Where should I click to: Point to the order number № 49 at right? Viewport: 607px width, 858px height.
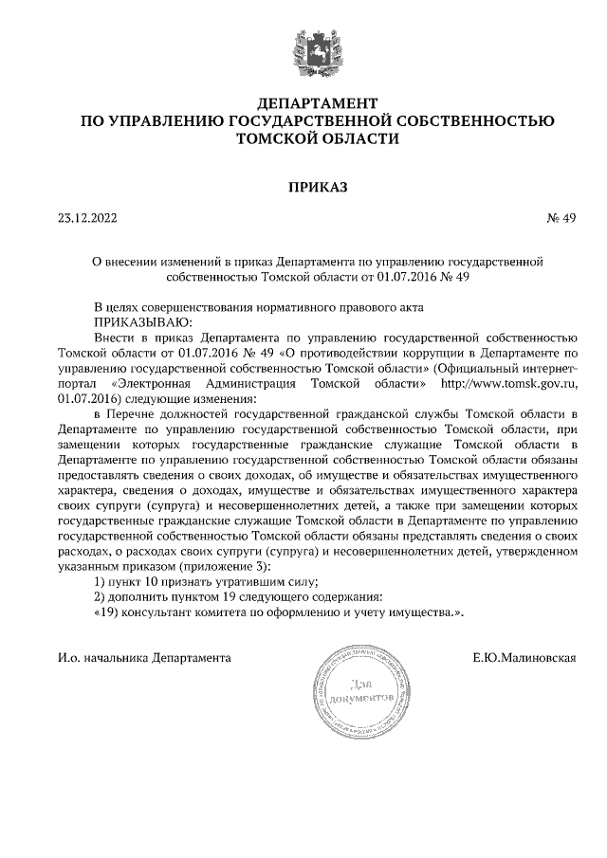[x=562, y=218]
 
